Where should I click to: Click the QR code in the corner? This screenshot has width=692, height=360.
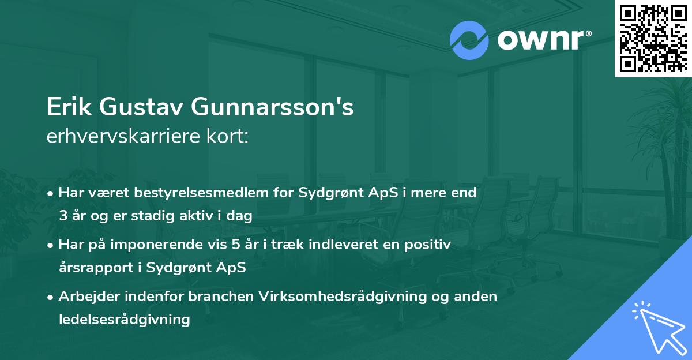[653, 39]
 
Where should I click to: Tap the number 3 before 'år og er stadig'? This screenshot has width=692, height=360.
[63, 216]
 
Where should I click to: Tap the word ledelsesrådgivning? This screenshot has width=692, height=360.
[124, 319]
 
